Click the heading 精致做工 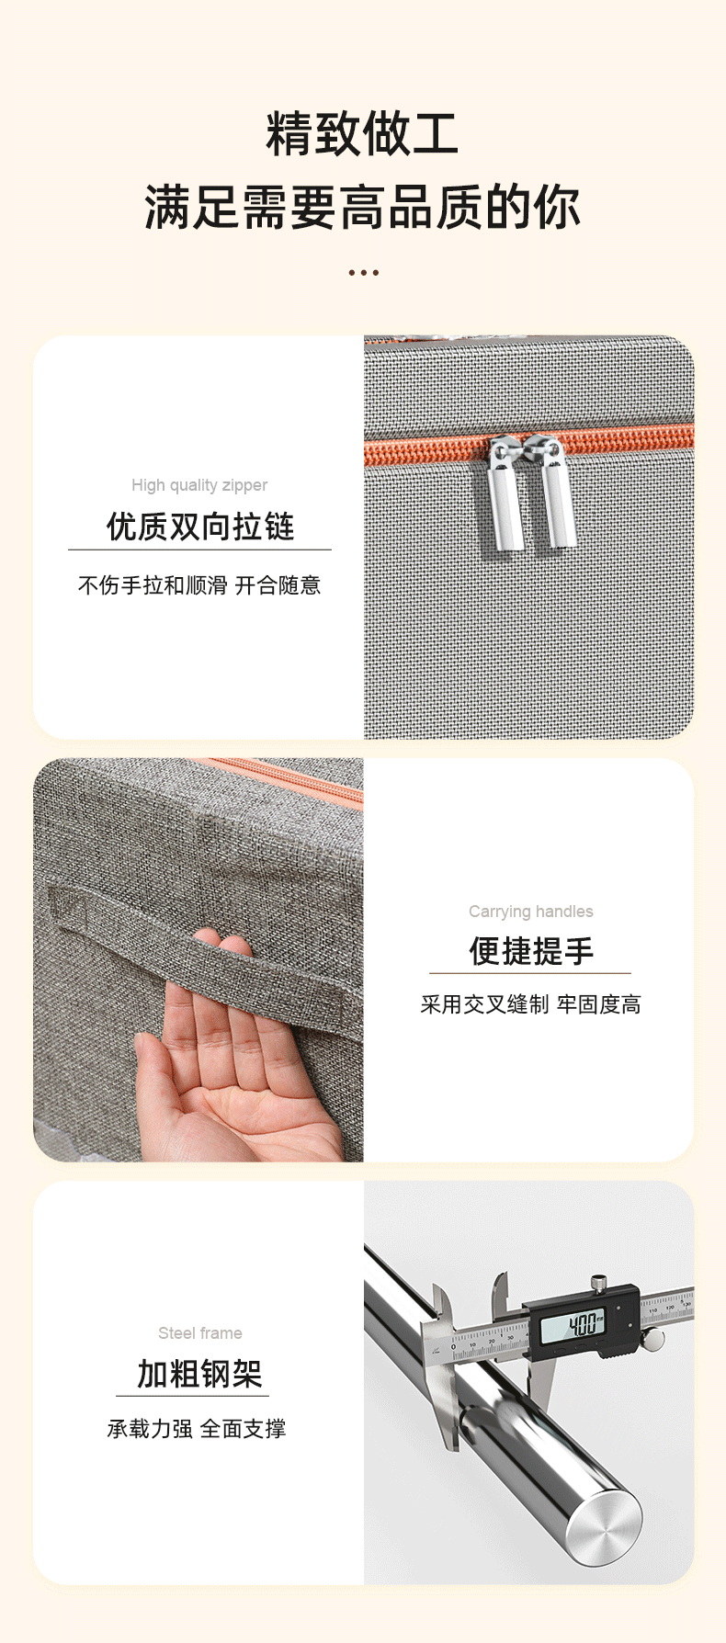click(362, 133)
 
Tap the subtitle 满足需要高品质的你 click(362, 206)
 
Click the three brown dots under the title click(363, 272)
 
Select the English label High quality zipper click(199, 485)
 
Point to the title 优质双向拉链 click(199, 527)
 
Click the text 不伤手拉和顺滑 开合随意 click(199, 585)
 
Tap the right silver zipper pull click(554, 491)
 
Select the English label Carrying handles click(530, 912)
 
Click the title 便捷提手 click(530, 951)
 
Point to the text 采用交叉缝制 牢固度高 click(530, 1004)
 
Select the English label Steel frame click(199, 1333)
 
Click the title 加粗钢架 click(199, 1374)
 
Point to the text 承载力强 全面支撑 click(197, 1429)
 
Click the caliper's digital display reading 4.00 click(573, 1325)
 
